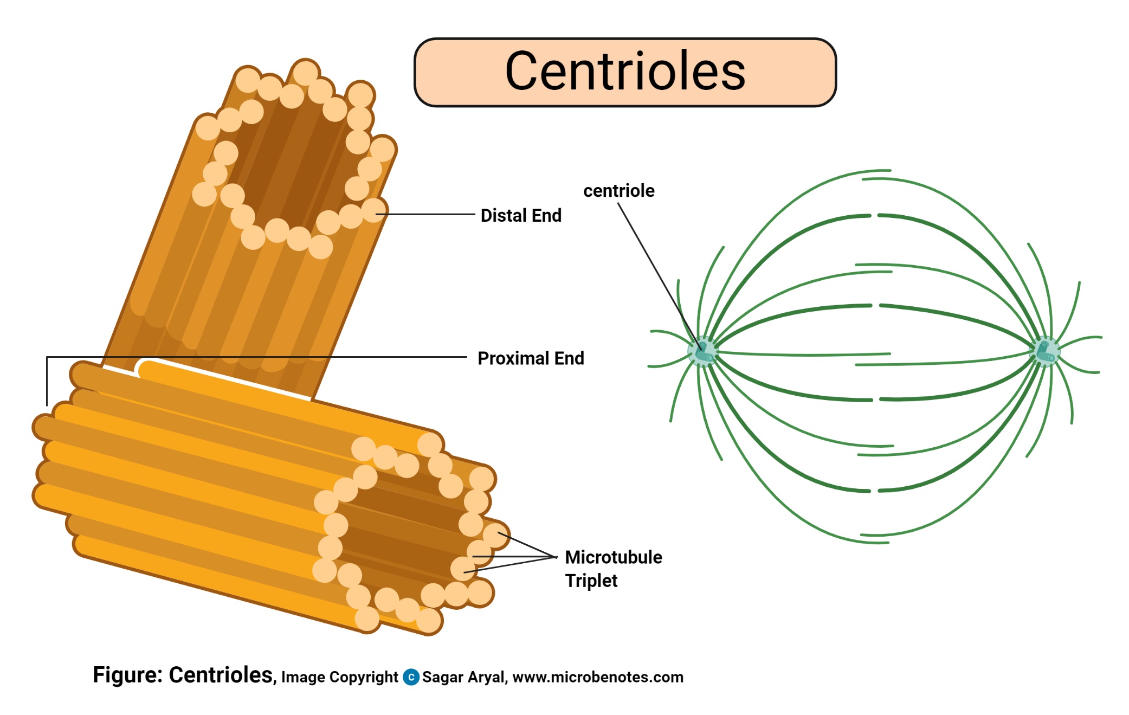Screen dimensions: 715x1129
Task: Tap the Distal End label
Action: (x=521, y=215)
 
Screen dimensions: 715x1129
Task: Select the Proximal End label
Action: (x=531, y=358)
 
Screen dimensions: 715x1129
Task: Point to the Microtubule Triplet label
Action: (x=613, y=568)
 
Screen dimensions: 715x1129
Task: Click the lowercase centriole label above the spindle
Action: (x=618, y=191)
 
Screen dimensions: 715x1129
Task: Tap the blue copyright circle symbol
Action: (x=411, y=677)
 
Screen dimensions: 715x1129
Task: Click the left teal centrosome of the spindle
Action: (x=703, y=351)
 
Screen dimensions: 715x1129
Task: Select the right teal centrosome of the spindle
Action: (x=1044, y=351)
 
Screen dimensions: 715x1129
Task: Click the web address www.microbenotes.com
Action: (x=597, y=677)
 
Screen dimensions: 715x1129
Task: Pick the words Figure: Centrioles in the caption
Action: (x=183, y=675)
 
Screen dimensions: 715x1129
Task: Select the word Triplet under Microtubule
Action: (x=591, y=581)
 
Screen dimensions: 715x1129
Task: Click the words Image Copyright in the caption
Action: (x=339, y=677)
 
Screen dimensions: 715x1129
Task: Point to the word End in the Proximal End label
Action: (x=569, y=358)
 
